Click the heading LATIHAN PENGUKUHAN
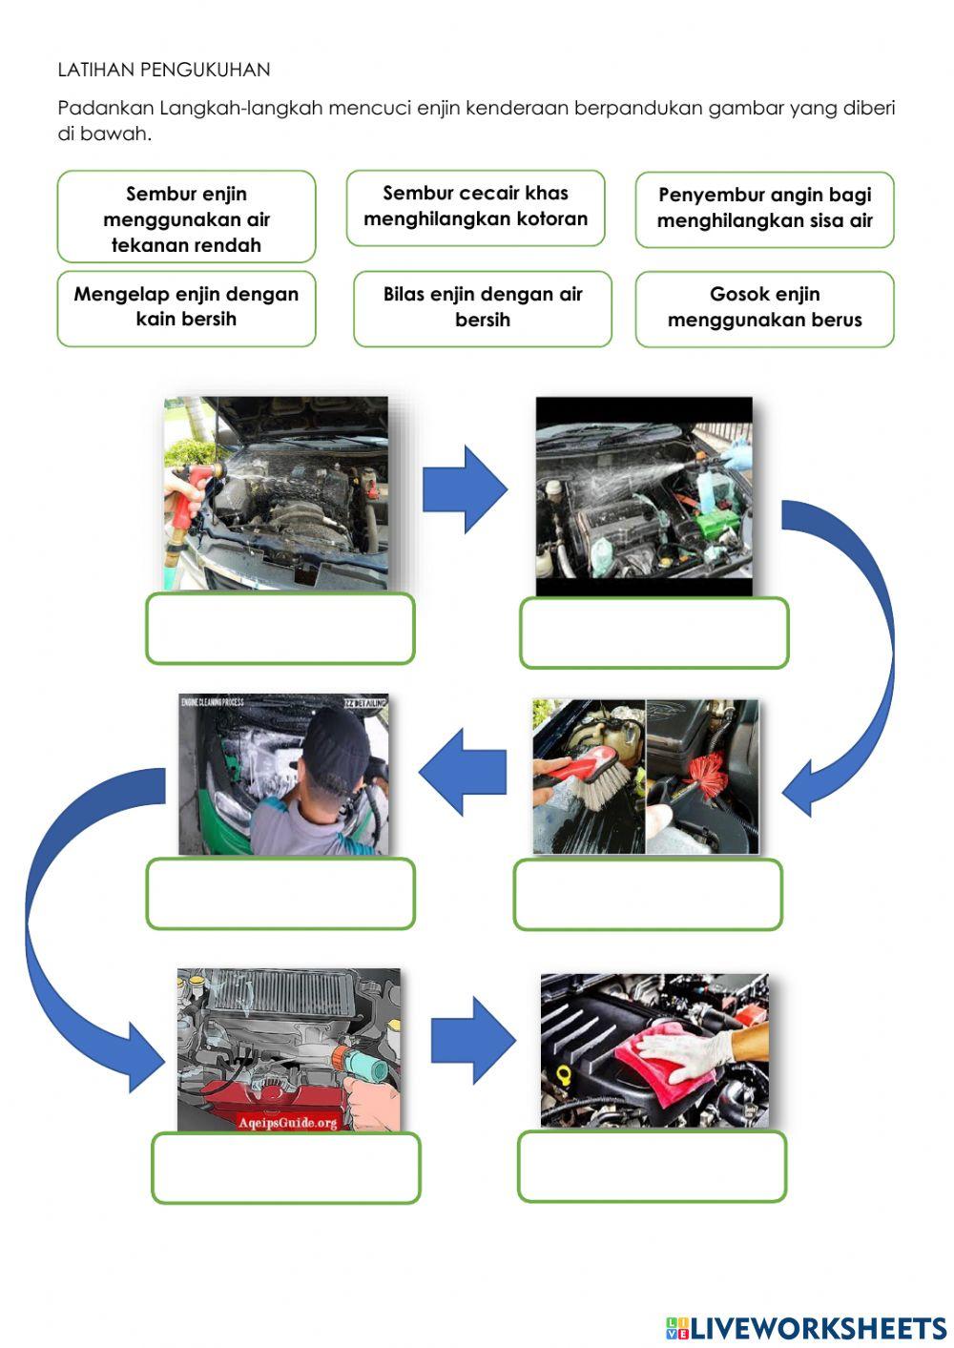(164, 70)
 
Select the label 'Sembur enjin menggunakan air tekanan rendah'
(186, 218)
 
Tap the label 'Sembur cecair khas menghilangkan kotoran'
(475, 206)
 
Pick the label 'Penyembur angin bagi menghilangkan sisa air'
(764, 208)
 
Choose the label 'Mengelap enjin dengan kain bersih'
(186, 307)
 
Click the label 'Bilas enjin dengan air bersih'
(482, 307)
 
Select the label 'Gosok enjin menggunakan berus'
(764, 307)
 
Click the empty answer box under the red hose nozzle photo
(280, 629)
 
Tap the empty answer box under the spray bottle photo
(653, 633)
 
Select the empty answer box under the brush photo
(647, 894)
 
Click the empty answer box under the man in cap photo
(280, 893)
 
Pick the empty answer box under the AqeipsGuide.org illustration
(285, 1168)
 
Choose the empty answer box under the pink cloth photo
(652, 1166)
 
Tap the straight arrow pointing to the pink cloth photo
(471, 1040)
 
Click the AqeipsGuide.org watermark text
(288, 1122)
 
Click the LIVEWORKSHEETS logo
(806, 1327)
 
